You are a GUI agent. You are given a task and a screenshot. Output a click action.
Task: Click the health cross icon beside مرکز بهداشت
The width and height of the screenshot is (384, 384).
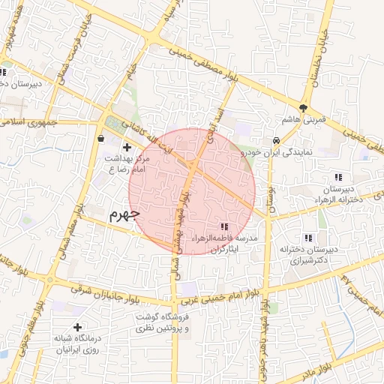tap(126, 148)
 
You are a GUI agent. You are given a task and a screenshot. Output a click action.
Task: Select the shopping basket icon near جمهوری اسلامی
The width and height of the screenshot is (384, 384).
tap(101, 137)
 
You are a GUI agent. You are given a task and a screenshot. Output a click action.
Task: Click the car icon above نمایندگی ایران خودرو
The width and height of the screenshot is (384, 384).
tap(277, 139)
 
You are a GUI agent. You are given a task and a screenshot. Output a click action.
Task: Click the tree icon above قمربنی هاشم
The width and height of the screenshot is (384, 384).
tap(304, 107)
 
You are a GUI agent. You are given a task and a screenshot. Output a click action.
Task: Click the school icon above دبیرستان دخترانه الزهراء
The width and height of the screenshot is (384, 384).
tap(338, 178)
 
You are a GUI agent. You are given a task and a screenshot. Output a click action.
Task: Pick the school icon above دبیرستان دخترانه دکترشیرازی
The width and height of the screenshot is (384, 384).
tap(308, 237)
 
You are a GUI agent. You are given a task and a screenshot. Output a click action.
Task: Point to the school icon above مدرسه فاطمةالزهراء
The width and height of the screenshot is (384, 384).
tap(223, 226)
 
